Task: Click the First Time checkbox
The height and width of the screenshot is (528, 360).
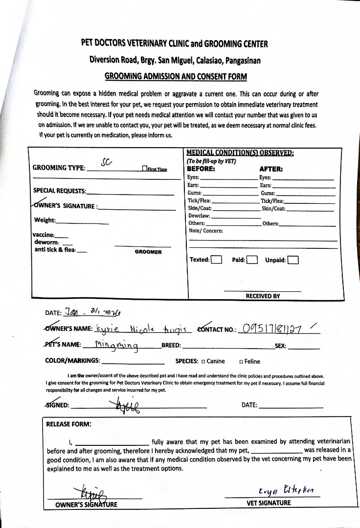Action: [x=144, y=169]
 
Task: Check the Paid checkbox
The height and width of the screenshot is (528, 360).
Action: [x=252, y=260]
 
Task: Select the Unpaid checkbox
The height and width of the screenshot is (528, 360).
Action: [x=293, y=260]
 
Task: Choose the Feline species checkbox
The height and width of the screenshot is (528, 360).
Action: [x=241, y=362]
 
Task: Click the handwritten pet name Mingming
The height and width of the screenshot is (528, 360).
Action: [x=116, y=345]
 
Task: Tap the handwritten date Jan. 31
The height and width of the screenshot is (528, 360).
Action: [x=92, y=311]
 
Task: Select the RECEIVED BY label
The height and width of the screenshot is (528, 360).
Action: [x=263, y=296]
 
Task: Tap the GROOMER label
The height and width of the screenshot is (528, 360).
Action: [x=148, y=252]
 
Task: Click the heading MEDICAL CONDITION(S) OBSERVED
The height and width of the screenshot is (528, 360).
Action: [x=240, y=153]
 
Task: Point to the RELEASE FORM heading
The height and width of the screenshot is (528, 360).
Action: [x=68, y=424]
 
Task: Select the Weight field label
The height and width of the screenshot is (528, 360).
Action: [x=45, y=220]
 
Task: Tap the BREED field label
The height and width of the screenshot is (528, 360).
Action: [x=171, y=345]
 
